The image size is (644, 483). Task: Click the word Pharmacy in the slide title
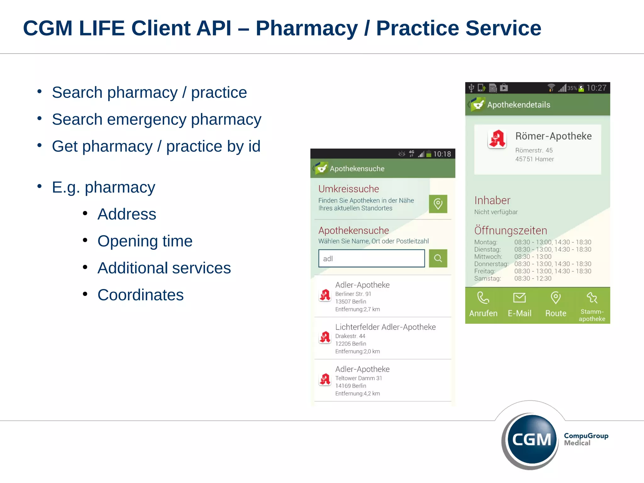pyautogui.click(x=307, y=28)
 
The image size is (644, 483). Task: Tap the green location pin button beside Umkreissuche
pyautogui.click(x=438, y=204)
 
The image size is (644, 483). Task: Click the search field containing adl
pyautogui.click(x=371, y=258)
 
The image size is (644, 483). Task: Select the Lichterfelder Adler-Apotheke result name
pyautogui.click(x=385, y=327)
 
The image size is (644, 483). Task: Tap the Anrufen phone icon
pyautogui.click(x=483, y=298)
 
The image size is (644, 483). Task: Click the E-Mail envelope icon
pyautogui.click(x=519, y=298)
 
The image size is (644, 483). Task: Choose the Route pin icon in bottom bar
pyautogui.click(x=556, y=298)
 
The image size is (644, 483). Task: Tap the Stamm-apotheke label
pyautogui.click(x=592, y=315)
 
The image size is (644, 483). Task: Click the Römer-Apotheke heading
pyautogui.click(x=553, y=136)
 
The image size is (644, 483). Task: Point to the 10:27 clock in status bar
pyautogui.click(x=596, y=88)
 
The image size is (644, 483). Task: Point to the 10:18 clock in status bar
pyautogui.click(x=442, y=154)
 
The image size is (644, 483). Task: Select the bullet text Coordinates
pyautogui.click(x=140, y=295)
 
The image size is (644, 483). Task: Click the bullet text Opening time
pyautogui.click(x=145, y=241)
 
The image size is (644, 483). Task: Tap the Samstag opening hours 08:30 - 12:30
pyautogui.click(x=533, y=279)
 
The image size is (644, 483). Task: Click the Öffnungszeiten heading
pyautogui.click(x=510, y=230)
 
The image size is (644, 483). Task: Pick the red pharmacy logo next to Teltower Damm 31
pyautogui.click(x=325, y=380)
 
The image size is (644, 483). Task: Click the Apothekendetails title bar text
pyautogui.click(x=519, y=105)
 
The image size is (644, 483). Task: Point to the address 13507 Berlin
pyautogui.click(x=350, y=302)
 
